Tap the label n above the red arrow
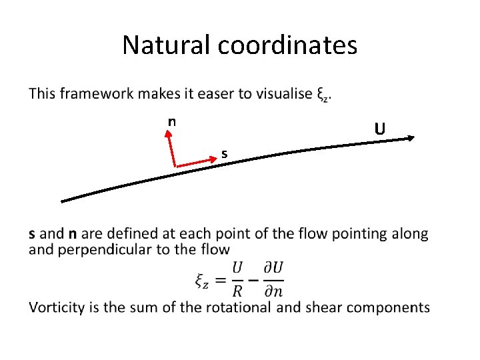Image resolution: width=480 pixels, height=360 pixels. [x=172, y=121]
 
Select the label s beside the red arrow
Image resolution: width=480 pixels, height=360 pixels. [x=225, y=155]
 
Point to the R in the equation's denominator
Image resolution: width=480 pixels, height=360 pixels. [x=238, y=290]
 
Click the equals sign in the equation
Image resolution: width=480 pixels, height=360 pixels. [x=219, y=279]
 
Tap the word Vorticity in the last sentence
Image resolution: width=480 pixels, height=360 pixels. [x=57, y=307]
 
